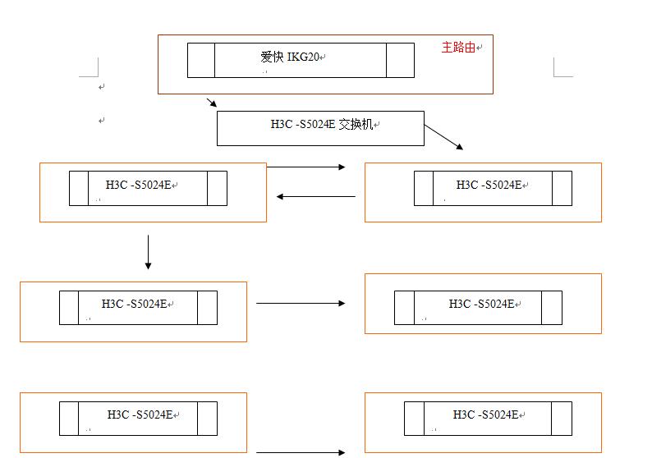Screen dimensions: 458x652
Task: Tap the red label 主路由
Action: point(458,47)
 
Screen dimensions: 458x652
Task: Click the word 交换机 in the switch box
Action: point(356,124)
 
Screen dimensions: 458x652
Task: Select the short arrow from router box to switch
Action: point(212,103)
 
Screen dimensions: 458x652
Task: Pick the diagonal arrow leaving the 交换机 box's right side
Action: point(443,136)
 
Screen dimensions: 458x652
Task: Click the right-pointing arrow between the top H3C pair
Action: point(306,167)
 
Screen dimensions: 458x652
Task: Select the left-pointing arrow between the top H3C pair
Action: point(316,196)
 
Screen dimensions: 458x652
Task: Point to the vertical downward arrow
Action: point(148,252)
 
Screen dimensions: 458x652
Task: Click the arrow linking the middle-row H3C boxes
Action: point(301,303)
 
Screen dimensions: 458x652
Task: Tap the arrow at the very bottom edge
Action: point(301,452)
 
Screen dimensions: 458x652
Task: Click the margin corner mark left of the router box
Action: point(90,68)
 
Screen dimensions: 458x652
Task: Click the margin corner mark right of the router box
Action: point(562,68)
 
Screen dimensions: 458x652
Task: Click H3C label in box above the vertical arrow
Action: point(139,185)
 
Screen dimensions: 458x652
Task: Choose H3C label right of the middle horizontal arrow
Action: point(481,304)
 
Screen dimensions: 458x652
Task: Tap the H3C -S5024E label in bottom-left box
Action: point(140,414)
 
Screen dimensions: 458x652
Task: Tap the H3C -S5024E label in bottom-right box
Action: point(485,414)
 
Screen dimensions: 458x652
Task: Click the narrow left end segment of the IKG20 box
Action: point(201,60)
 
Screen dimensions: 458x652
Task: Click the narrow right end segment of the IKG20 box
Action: point(400,60)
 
